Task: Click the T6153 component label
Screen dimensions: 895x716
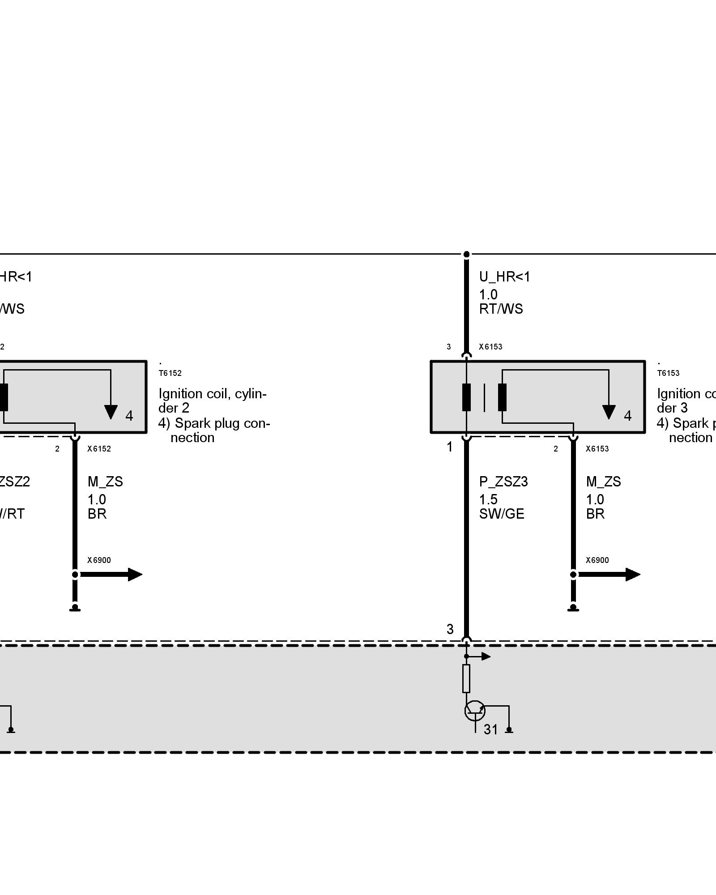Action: [x=668, y=373]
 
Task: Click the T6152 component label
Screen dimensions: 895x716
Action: [x=170, y=373]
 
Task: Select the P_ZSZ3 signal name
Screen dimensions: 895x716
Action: [x=503, y=482]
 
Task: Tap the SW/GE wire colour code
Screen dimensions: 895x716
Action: [x=501, y=514]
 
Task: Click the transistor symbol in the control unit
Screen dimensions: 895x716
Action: [x=475, y=711]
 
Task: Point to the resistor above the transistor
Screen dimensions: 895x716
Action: [x=466, y=678]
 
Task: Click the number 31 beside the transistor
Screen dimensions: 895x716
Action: [x=491, y=730]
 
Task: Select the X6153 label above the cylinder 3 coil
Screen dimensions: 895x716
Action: [x=490, y=347]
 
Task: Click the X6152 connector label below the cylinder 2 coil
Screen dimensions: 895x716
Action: [x=99, y=449]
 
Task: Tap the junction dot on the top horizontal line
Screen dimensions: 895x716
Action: [x=466, y=254]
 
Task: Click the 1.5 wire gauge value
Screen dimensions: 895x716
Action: [x=488, y=499]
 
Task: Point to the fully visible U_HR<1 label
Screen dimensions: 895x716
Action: [x=504, y=277]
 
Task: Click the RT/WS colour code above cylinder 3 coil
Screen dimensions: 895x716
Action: [x=501, y=309]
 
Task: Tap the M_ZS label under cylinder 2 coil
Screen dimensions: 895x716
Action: [x=105, y=482]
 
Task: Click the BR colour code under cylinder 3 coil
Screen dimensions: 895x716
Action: [x=595, y=514]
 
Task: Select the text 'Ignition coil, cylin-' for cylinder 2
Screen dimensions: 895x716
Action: [x=213, y=394]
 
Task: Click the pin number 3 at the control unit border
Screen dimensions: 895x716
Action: [x=450, y=630]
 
